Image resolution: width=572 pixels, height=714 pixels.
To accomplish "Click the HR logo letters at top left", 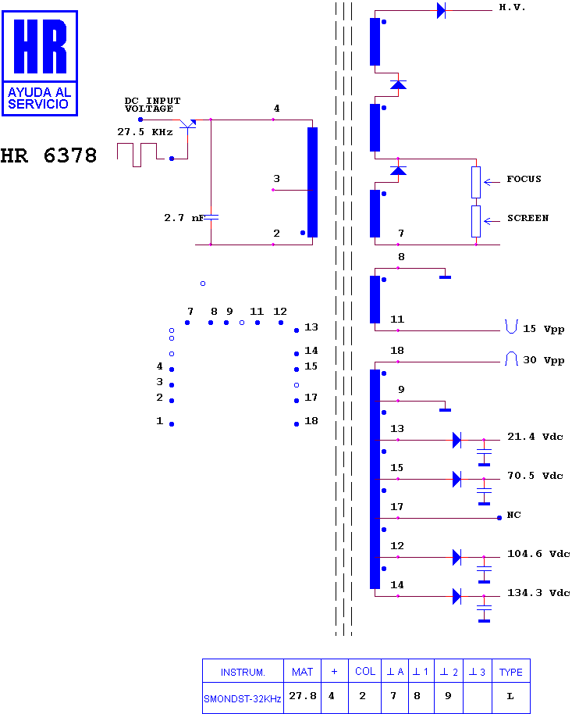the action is coord(40,46).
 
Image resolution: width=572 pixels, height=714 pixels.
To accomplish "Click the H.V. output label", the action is coord(512,7).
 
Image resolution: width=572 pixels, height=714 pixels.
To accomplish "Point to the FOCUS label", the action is coord(524,179).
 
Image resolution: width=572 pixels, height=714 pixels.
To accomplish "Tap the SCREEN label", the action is coord(528,218).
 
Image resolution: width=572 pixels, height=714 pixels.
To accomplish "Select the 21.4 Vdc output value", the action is coord(535,437).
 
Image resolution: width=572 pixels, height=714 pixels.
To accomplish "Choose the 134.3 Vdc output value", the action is coord(538,593).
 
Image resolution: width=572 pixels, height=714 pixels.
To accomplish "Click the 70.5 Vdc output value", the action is coord(535,476).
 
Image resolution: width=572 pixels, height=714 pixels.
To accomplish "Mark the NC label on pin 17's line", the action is coord(513,515).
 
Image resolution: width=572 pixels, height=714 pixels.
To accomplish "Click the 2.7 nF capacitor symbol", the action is coord(211,218).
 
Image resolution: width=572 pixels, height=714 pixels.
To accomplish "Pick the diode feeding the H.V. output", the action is coord(441,10).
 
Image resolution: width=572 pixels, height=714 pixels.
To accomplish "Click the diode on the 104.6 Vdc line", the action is coord(457,557).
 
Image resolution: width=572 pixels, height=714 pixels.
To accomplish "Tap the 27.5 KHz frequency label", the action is coord(144,132).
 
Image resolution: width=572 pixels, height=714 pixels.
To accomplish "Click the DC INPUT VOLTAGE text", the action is coord(152,105).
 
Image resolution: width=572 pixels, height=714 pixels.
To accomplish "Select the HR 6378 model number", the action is coord(48,155).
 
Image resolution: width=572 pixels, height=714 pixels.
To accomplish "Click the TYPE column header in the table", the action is coord(510,672).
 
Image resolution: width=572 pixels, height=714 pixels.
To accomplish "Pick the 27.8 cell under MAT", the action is coord(303,696).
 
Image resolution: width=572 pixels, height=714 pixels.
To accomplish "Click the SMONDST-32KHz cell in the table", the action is coord(243,698).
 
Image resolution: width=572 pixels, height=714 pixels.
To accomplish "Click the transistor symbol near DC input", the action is coord(187,124).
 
